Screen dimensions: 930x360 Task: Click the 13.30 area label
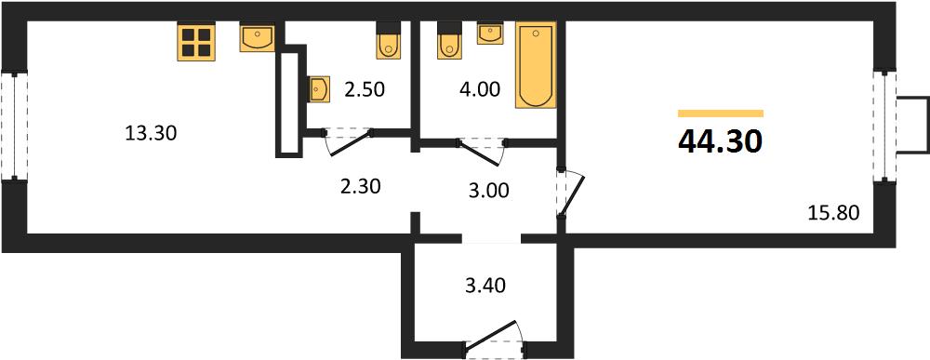152,134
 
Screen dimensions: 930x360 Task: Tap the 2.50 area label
365,90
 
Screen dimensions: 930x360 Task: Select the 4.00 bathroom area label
479,90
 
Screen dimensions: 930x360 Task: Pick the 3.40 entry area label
484,287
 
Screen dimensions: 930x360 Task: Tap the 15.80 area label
833,212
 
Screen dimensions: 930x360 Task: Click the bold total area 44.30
720,141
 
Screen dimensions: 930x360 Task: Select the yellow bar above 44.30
721,113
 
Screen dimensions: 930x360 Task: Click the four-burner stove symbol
195,42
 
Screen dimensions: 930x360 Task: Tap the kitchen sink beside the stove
258,37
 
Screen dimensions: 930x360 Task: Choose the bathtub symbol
536,65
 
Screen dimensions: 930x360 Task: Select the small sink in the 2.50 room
319,89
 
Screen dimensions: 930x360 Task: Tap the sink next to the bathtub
490,33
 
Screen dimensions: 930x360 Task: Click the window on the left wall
14,126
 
